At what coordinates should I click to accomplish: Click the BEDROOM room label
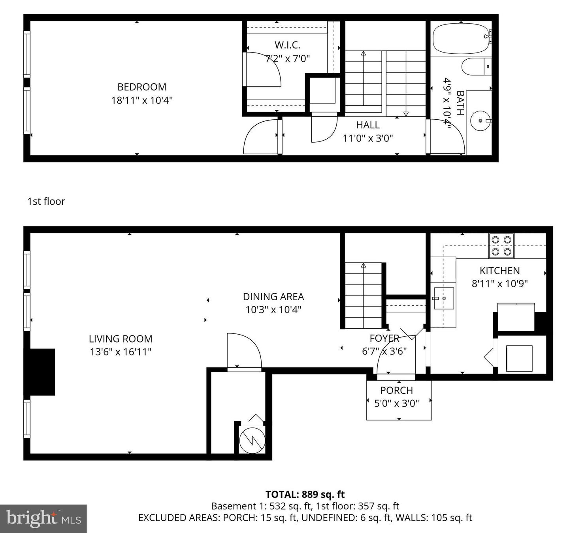[141, 87]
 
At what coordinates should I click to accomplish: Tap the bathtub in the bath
[460, 38]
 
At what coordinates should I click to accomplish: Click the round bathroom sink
[480, 120]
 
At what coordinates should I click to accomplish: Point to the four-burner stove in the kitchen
[501, 246]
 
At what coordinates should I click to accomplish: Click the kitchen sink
[443, 298]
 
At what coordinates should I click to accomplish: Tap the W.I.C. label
[287, 45]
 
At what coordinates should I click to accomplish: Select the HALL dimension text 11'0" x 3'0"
[367, 138]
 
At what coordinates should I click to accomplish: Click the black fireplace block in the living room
[40, 372]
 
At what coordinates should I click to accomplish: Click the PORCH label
[396, 390]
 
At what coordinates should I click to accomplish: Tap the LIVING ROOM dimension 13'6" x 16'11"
[121, 352]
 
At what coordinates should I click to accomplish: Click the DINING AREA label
[273, 297]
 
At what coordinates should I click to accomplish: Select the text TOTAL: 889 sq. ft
[305, 495]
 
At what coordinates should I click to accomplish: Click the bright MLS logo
[43, 518]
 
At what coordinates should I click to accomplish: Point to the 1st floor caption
[46, 202]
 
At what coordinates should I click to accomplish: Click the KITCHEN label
[499, 271]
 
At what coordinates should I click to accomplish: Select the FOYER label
[384, 338]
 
